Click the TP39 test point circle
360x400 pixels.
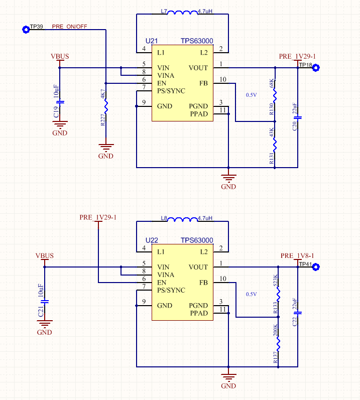25,30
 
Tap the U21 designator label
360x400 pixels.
152,41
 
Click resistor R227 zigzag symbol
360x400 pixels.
106,106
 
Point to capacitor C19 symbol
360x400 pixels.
60,102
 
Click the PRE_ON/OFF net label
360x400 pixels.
69,26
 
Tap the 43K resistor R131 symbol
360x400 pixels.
275,144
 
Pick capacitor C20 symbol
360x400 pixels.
297,117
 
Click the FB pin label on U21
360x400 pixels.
203,83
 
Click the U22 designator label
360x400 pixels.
152,240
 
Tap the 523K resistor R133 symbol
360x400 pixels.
278,293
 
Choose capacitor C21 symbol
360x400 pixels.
45,302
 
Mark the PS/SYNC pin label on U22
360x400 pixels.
171,290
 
